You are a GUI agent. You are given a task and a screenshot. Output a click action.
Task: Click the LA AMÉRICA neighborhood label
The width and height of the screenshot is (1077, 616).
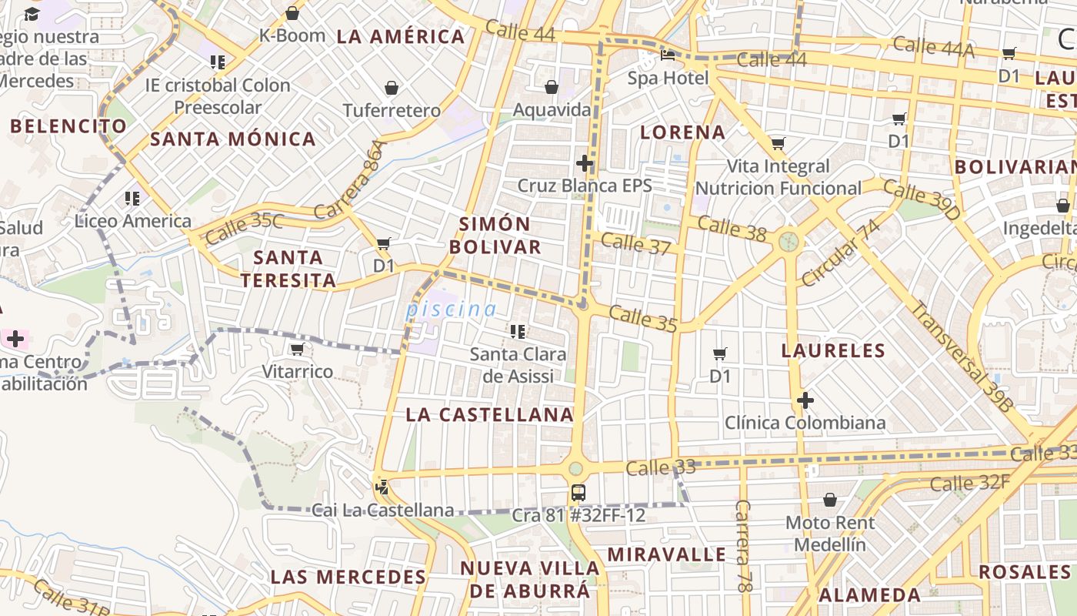point(401,36)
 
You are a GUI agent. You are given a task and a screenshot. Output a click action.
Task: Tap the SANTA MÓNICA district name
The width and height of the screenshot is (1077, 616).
point(233,139)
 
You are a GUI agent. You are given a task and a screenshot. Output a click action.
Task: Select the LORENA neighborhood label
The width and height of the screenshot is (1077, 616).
point(683,132)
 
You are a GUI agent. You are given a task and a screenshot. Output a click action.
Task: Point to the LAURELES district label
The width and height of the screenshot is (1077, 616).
point(834,351)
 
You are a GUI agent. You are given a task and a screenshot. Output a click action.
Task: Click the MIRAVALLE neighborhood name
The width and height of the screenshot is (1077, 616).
point(667,554)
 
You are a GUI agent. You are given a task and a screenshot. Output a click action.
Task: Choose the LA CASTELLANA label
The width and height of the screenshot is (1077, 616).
point(490,415)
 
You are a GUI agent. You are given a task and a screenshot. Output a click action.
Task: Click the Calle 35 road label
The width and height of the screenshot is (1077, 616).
point(643,318)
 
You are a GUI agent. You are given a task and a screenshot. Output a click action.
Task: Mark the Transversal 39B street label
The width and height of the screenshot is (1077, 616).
point(962,354)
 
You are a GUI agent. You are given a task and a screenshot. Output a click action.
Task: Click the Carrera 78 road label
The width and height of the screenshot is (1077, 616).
point(742,546)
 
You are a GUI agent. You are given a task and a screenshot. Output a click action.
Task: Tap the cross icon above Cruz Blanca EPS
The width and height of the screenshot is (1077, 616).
point(585,163)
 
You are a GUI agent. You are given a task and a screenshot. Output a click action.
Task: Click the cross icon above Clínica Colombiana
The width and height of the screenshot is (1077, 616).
point(805,400)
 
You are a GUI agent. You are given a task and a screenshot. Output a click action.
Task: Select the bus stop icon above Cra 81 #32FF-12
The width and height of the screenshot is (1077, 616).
point(579,493)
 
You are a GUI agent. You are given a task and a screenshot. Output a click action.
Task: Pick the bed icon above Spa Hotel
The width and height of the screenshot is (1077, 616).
point(668,56)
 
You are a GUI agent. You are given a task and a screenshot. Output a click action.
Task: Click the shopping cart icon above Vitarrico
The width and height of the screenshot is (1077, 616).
point(297,350)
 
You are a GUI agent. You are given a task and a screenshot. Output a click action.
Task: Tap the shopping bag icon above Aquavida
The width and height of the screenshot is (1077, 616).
point(552,87)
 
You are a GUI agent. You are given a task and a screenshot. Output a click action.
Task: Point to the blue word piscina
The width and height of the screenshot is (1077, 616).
point(452,310)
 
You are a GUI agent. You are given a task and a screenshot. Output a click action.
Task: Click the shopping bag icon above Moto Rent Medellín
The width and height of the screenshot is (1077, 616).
point(830,500)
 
